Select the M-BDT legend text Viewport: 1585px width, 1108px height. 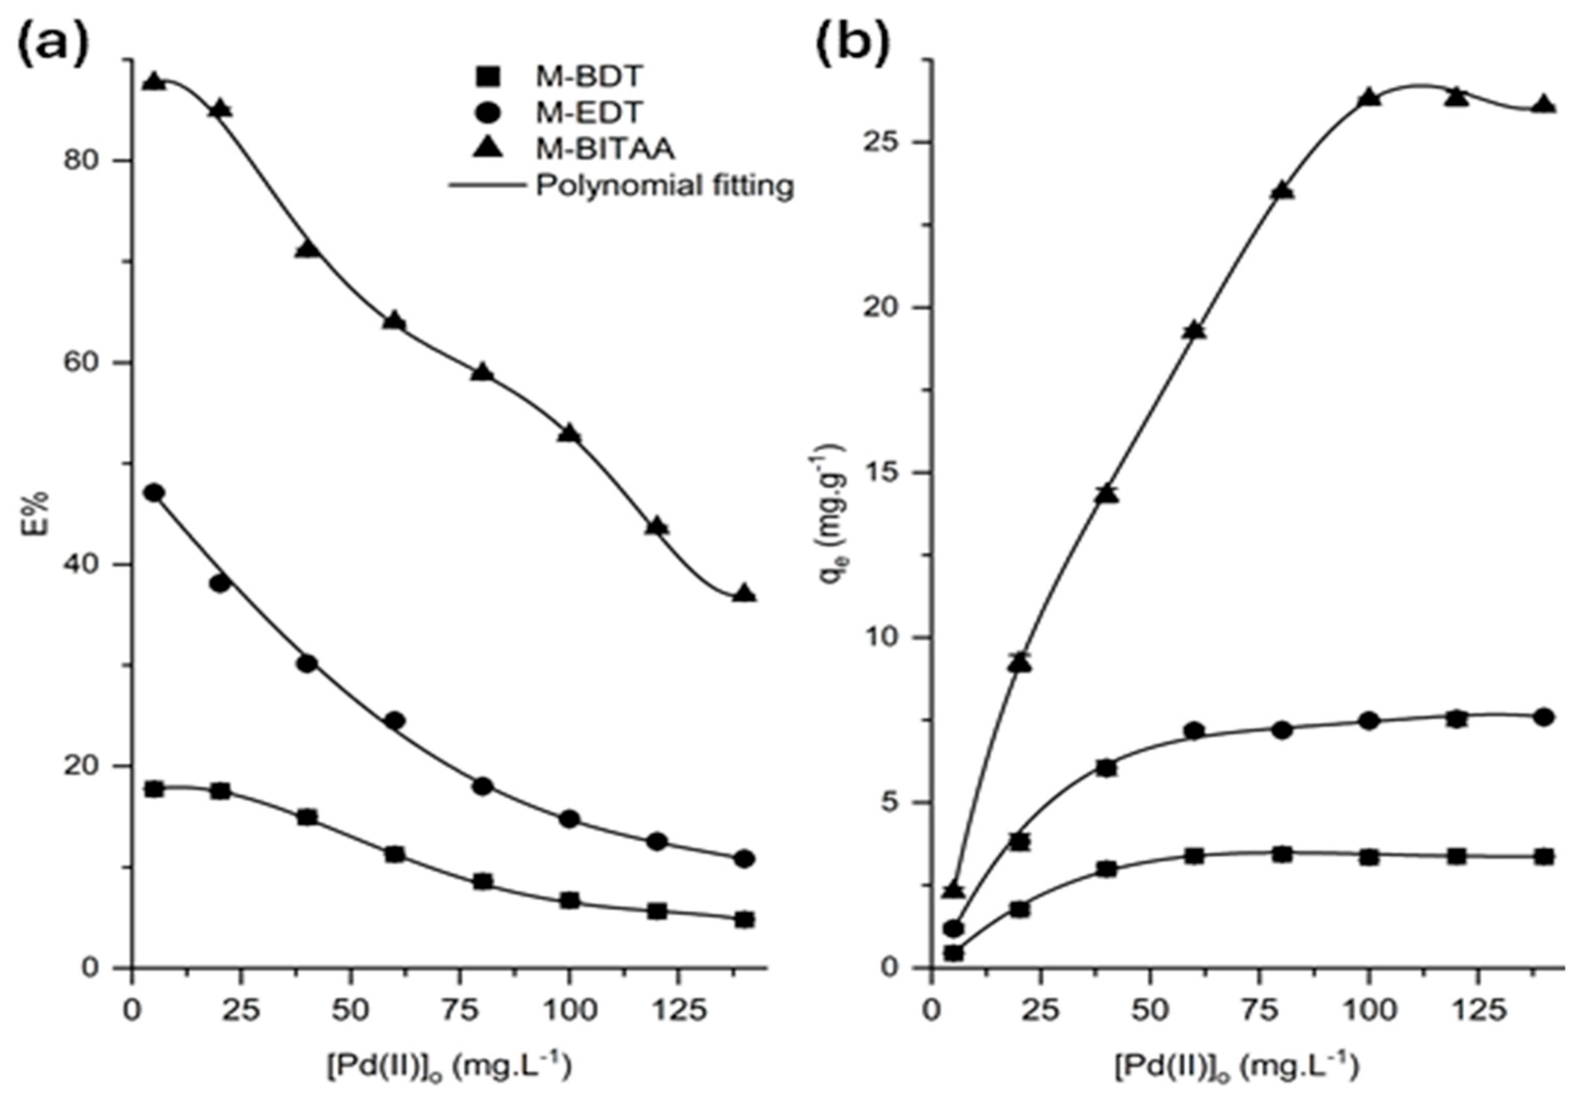click(x=589, y=76)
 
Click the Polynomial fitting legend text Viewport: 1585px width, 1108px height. click(x=665, y=185)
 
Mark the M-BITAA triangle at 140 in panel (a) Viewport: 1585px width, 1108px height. click(x=744, y=593)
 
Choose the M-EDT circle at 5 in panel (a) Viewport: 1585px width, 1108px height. click(x=154, y=493)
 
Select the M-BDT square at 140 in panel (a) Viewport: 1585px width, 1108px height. click(x=744, y=920)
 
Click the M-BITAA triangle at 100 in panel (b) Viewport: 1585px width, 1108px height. click(x=1370, y=97)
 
